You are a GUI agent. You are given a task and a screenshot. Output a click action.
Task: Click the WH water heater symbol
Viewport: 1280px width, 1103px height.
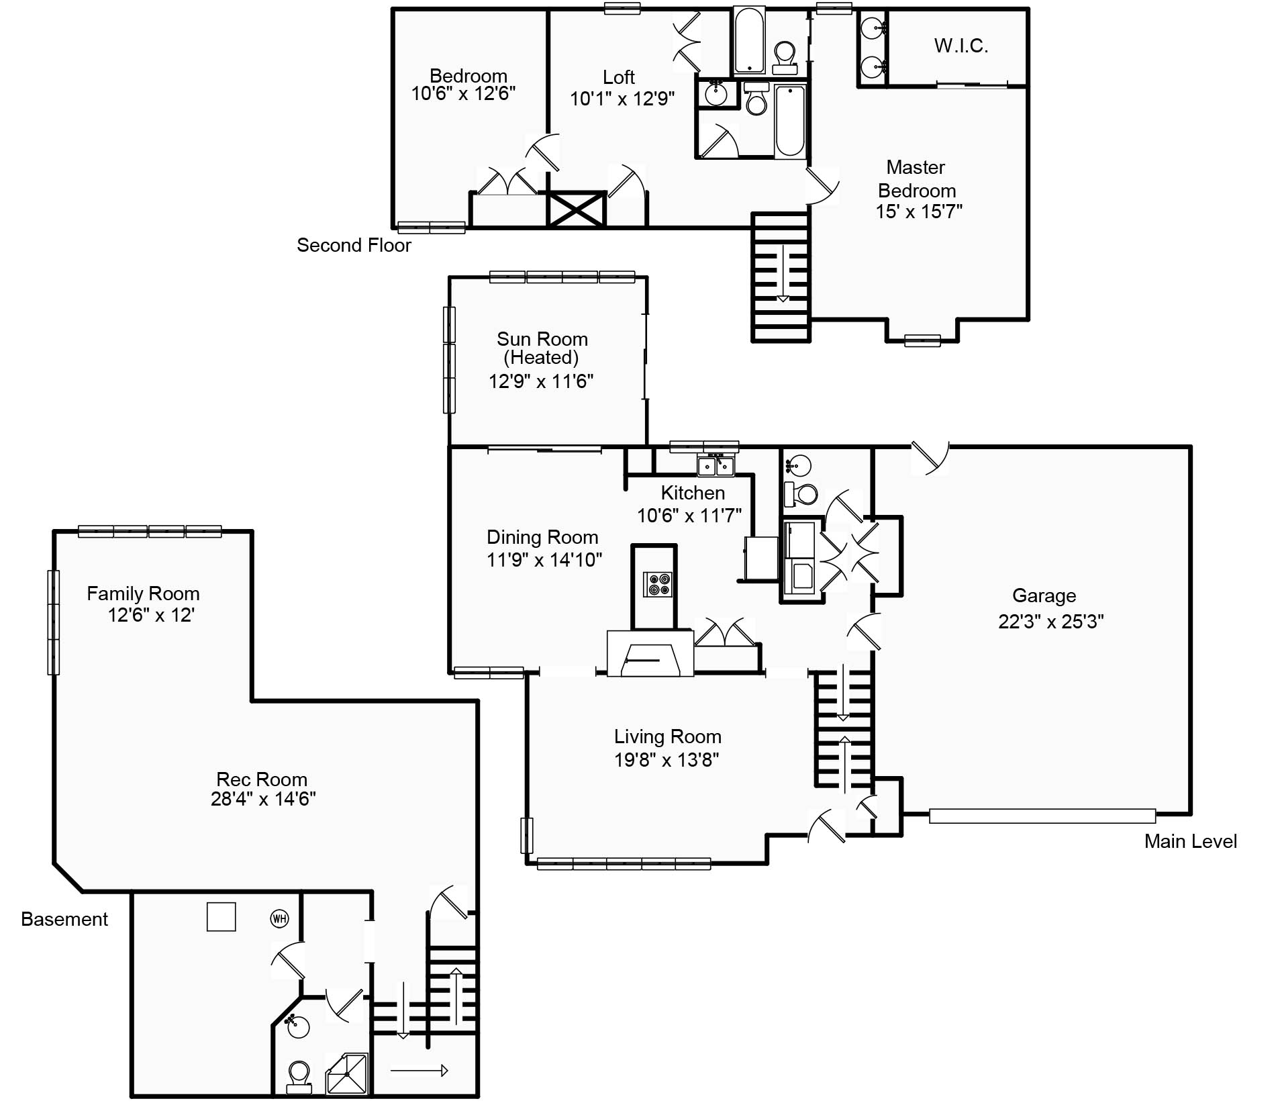tap(279, 918)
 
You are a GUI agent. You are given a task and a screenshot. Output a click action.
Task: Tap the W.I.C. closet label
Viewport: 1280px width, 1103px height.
tap(961, 46)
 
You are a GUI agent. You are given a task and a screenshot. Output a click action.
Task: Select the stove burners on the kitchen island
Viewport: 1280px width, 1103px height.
tap(657, 584)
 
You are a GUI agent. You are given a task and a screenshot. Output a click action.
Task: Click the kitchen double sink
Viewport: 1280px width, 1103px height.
tap(716, 465)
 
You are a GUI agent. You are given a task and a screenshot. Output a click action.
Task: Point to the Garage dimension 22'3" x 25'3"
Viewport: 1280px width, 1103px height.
tap(1050, 622)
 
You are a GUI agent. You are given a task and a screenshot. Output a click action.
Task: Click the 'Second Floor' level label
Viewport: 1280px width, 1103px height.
tap(354, 245)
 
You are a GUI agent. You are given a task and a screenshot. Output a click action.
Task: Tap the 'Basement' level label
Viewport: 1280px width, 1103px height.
tap(64, 919)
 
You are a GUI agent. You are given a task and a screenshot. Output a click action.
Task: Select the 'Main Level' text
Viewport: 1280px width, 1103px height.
tap(1190, 841)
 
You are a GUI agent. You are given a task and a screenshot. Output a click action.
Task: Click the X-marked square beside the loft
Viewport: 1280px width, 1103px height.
tap(577, 209)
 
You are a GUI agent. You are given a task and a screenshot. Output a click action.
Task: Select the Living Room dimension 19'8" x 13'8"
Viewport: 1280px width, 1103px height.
tap(667, 760)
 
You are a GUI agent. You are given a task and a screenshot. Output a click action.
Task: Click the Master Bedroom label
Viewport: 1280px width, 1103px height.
tap(916, 179)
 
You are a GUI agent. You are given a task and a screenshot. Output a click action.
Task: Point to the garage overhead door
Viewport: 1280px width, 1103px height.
tap(1042, 816)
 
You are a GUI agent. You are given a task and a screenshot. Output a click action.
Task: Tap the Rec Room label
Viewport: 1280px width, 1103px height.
tap(262, 779)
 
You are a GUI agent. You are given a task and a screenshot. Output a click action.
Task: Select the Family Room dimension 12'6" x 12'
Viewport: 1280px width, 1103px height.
tap(151, 615)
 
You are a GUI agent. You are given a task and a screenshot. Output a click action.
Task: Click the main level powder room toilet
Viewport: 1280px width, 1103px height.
tap(801, 493)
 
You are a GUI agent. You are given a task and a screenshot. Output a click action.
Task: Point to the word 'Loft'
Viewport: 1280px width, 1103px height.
tap(618, 77)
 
